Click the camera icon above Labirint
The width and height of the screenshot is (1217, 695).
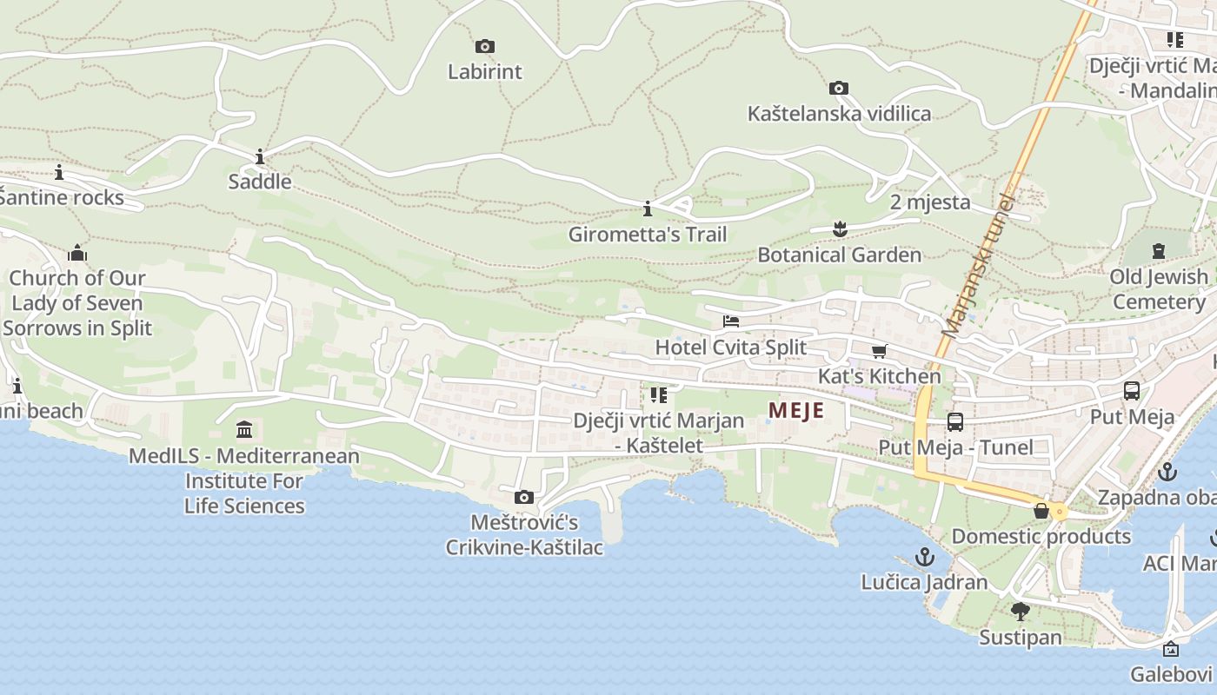click(485, 46)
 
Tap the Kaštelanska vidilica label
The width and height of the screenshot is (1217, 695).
click(839, 114)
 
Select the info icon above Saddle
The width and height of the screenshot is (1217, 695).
click(260, 157)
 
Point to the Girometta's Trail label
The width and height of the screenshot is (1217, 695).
click(648, 235)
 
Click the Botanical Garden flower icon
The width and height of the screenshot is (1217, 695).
click(839, 229)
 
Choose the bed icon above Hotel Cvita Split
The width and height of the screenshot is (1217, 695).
click(731, 321)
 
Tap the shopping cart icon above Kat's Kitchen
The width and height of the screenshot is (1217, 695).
click(879, 351)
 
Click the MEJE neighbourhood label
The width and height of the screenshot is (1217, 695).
click(796, 410)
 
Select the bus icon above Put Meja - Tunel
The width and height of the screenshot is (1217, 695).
click(954, 422)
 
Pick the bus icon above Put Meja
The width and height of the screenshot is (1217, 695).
click(1131, 391)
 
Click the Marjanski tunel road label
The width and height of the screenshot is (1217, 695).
click(979, 266)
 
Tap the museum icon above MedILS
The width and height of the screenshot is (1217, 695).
click(244, 430)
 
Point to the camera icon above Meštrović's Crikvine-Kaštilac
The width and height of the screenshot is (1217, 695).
click(523, 497)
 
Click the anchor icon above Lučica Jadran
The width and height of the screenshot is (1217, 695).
click(924, 556)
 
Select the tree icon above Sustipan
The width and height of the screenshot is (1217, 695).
click(1020, 612)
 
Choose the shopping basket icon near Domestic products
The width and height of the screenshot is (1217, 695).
click(1041, 511)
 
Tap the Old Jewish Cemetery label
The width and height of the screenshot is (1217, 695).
click(1158, 289)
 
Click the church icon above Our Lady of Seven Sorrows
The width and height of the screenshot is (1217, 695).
click(77, 253)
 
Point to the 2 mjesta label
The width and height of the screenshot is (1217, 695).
click(930, 202)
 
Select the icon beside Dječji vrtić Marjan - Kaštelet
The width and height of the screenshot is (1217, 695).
click(658, 395)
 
